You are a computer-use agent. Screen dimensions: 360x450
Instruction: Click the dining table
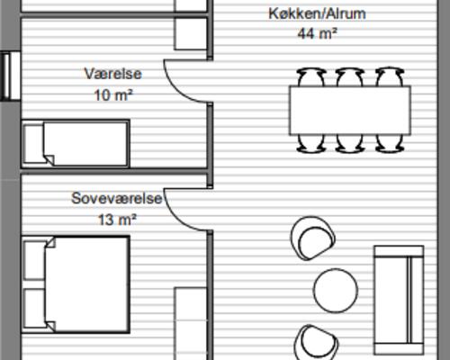pos(349,108)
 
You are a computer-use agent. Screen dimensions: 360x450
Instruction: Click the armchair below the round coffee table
pos(315,340)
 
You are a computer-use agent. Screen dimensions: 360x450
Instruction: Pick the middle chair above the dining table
pos(349,76)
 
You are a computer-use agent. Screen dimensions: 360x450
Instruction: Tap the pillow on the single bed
pos(33,144)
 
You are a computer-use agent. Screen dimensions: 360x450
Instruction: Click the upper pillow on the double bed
pos(34,259)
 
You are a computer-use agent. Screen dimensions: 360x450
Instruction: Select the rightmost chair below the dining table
pos(389,140)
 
